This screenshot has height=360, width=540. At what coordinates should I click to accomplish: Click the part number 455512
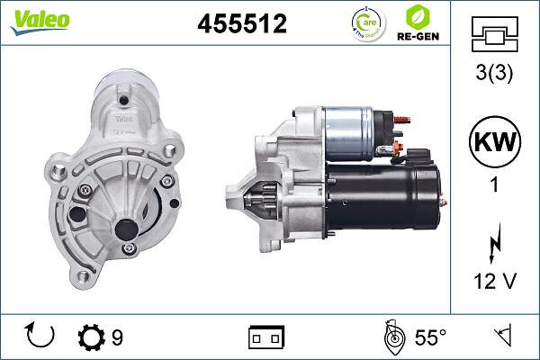point(242,24)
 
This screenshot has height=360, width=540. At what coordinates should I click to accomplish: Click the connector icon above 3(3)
point(494,35)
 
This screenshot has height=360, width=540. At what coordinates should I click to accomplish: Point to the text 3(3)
point(494,75)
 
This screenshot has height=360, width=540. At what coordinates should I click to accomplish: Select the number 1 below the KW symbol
point(494,188)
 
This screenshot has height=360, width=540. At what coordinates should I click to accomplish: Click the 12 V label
point(494,282)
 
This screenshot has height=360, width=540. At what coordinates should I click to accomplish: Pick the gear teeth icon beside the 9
point(91,337)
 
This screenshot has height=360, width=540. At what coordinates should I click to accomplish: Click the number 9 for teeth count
point(117,337)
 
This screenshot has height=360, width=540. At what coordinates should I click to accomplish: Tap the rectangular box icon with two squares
point(265,337)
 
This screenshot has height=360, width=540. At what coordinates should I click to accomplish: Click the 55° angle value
point(430,337)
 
